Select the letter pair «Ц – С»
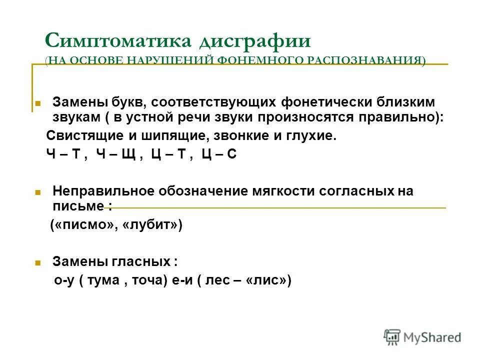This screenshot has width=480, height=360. [x=219, y=154]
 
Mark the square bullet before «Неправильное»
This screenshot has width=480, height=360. [x=37, y=192]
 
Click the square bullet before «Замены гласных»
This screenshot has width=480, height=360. [x=37, y=262]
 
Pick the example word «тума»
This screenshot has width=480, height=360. [x=103, y=280]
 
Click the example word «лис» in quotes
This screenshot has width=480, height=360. [x=265, y=280]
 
